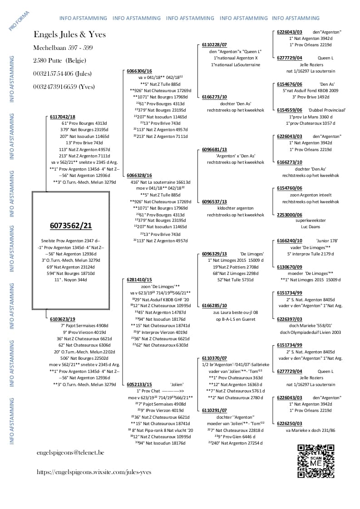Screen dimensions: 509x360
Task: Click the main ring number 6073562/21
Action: click(x=70, y=225)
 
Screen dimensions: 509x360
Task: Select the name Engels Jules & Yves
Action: click(x=69, y=35)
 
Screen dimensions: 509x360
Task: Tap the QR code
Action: click(x=316, y=461)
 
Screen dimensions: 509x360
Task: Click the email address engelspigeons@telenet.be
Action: click(x=70, y=452)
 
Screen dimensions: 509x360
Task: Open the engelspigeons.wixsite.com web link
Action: click(x=94, y=472)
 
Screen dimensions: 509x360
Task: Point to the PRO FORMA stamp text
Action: click(x=19, y=21)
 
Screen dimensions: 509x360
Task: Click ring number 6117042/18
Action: click(x=63, y=117)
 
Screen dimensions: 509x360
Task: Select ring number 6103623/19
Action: click(x=63, y=319)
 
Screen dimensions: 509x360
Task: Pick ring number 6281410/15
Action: click(x=139, y=280)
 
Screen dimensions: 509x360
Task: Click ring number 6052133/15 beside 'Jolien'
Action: click(x=139, y=384)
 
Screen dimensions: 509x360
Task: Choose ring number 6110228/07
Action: click(x=214, y=44)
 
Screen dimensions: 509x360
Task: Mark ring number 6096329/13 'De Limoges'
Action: click(x=214, y=254)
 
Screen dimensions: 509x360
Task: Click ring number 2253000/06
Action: click(x=289, y=214)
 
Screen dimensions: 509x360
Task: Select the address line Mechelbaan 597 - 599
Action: click(x=63, y=48)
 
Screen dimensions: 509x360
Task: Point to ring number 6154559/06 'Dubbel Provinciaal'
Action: click(x=289, y=110)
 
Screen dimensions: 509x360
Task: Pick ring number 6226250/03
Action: click(x=289, y=424)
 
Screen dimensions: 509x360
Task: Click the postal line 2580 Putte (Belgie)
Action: click(x=59, y=60)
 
